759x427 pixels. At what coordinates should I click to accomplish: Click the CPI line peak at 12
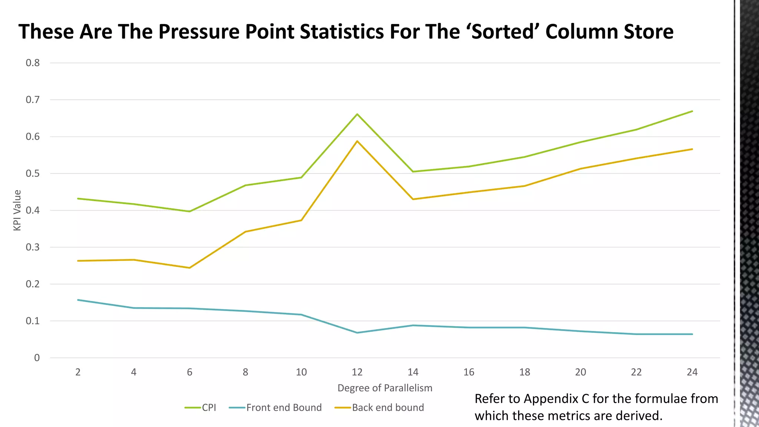357,114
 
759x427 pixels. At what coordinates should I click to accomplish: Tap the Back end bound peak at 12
357,141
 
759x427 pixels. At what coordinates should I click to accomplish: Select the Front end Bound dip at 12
357,332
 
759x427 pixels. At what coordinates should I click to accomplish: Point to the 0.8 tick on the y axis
33,63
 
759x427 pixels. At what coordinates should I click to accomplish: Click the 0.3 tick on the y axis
33,247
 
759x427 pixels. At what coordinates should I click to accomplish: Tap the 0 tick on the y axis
37,358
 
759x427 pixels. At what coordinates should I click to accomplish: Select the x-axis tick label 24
692,372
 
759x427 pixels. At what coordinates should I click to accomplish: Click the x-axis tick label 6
189,372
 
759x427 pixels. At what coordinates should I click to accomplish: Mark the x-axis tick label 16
468,372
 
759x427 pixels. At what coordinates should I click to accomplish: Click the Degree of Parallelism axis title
385,388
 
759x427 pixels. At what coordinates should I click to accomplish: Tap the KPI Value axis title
17,210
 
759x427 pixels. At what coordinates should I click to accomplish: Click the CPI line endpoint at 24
692,111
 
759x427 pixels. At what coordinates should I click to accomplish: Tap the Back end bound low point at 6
189,268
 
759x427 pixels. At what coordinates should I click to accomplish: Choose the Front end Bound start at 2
78,300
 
